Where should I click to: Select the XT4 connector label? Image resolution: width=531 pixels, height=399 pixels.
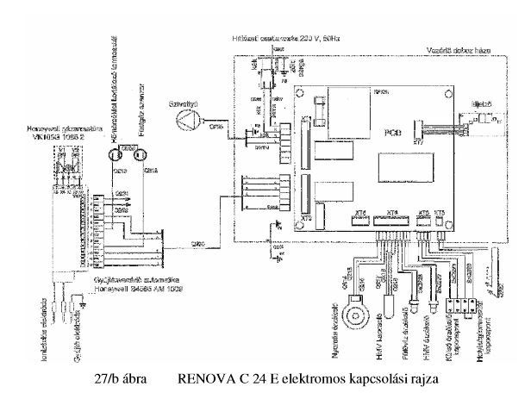click(394, 212)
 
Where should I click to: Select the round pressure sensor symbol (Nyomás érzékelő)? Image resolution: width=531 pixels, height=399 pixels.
click(353, 308)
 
